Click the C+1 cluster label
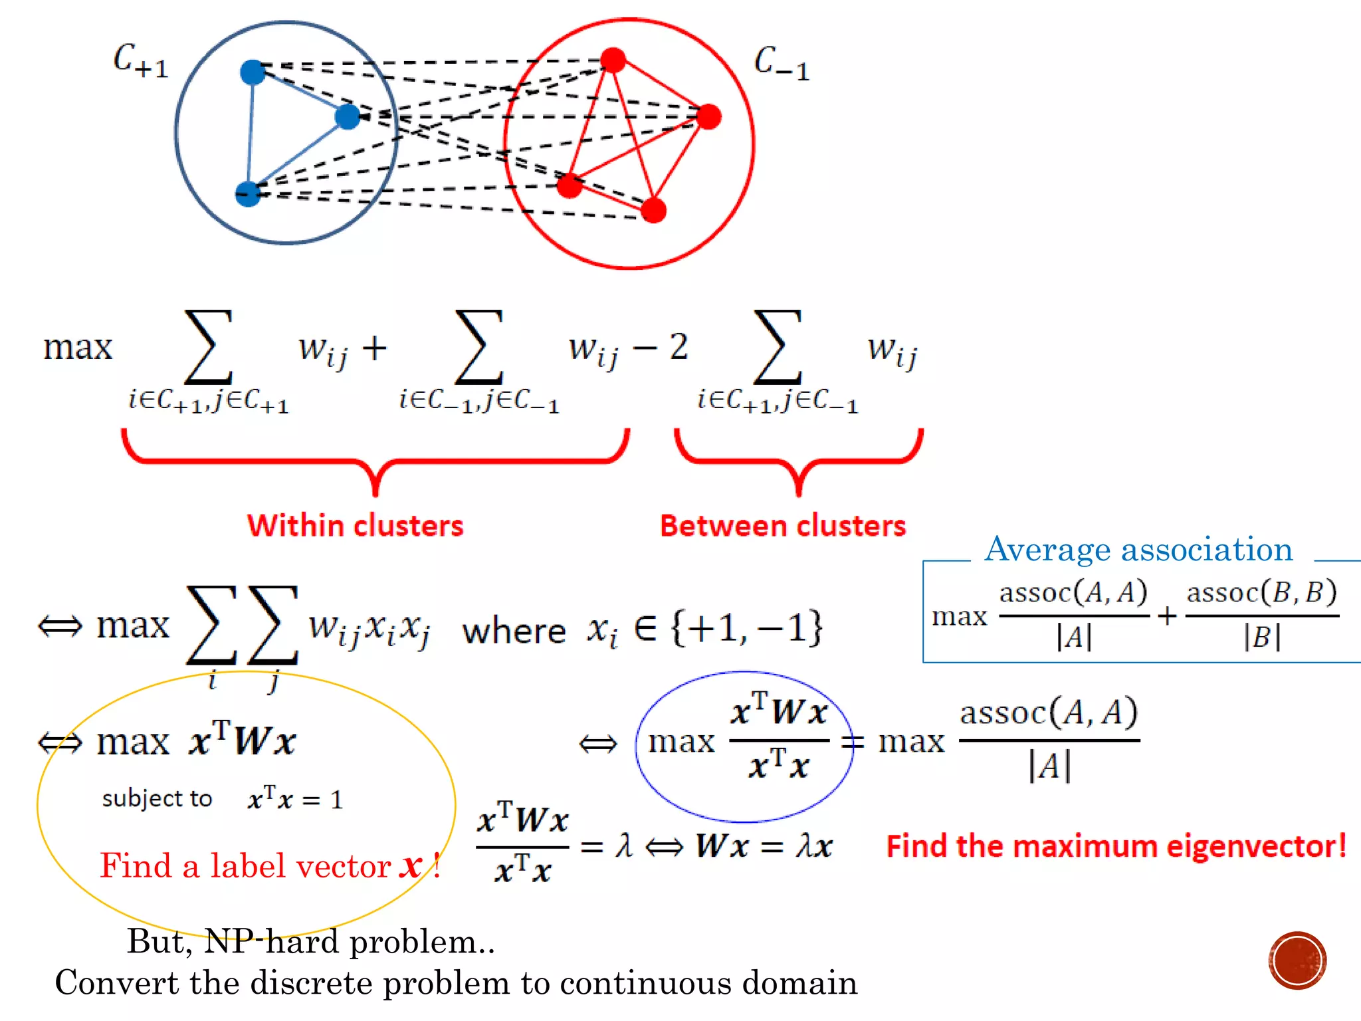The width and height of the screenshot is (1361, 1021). pos(140,61)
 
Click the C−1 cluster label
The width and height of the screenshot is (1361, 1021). pos(782,64)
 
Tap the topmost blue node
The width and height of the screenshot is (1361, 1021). pos(253,72)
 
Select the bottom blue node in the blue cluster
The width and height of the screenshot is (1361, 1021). pos(248,193)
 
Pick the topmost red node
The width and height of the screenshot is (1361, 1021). pos(613,60)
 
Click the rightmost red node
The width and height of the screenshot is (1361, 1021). pos(709,116)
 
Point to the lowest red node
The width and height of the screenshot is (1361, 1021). pos(654,211)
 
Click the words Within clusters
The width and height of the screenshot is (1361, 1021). pos(355,526)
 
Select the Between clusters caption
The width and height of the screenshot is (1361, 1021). pos(782,526)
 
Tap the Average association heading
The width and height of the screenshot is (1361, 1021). pos(1138,550)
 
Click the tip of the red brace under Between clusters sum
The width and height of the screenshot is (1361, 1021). pos(799,492)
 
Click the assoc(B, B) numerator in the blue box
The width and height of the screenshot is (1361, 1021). pos(1261,592)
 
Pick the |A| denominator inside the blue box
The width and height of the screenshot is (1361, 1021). pos(1073,637)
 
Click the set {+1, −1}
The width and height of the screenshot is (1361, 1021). pos(747,627)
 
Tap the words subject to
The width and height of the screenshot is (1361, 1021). pos(157,798)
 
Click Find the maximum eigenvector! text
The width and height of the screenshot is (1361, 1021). pos(1116,846)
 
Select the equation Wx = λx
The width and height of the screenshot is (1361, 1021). pos(764,846)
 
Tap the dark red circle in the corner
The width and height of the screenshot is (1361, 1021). pos(1297,961)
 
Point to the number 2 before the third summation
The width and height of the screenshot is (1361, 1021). pos(679,347)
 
